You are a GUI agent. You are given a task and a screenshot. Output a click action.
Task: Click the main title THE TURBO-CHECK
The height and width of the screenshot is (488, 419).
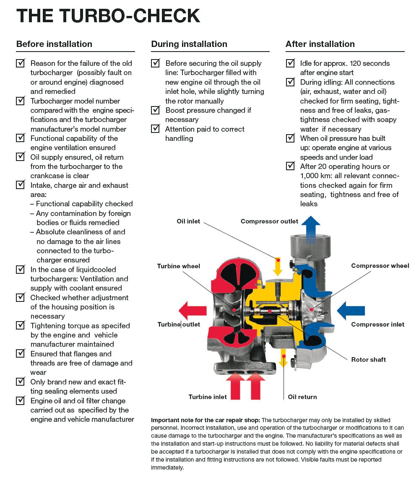(x=108, y=16)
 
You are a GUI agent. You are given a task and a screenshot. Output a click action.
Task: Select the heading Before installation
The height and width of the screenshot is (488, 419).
(x=54, y=44)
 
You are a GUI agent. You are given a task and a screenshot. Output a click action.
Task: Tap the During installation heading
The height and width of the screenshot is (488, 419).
(x=189, y=44)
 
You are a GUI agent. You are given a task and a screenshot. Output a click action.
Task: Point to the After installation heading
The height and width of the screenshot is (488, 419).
(x=320, y=44)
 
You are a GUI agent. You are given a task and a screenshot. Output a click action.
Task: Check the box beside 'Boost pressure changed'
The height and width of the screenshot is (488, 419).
(x=156, y=110)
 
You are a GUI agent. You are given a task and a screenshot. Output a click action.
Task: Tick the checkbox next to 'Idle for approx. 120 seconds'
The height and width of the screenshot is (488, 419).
(x=290, y=63)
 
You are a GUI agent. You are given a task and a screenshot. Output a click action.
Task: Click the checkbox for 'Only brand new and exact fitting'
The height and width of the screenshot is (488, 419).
(x=21, y=382)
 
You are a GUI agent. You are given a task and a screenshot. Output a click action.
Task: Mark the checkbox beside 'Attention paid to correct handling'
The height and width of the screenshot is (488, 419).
(x=156, y=129)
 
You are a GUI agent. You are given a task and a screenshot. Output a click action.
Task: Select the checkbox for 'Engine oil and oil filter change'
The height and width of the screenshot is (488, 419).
(x=21, y=401)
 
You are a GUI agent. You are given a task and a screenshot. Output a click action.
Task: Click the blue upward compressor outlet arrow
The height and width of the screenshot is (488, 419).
(x=311, y=227)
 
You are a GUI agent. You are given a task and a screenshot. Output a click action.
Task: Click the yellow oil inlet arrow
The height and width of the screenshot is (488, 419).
(x=278, y=265)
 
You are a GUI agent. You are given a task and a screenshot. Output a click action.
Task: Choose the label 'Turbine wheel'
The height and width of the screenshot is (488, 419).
(x=179, y=266)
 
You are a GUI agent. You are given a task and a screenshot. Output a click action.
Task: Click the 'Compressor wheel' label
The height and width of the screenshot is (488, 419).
(x=380, y=266)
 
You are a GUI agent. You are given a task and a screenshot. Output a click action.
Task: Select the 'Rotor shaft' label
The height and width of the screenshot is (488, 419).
(x=368, y=359)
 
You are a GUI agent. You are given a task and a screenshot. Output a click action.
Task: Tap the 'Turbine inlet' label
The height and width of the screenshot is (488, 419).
(x=208, y=397)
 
